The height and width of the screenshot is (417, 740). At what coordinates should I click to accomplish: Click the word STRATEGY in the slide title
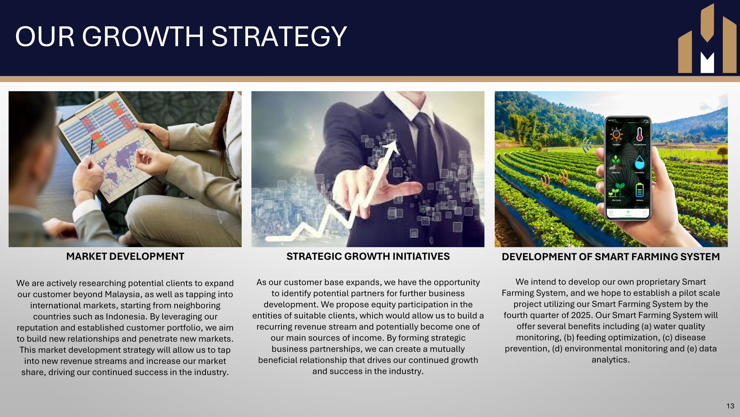pos(279,36)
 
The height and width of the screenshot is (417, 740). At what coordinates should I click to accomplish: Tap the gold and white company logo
pos(707,38)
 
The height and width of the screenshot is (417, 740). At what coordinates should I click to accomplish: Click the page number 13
pos(730,406)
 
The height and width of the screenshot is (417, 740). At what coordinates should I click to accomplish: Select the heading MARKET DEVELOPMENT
pos(125,256)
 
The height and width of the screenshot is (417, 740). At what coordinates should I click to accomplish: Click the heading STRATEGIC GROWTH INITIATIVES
pos(368,256)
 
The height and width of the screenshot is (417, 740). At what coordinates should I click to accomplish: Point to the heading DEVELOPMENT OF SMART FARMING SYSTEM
pos(611,257)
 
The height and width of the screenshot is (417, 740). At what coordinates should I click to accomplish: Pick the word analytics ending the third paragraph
pos(610,360)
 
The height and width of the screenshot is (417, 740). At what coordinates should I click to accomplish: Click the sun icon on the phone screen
pos(616,135)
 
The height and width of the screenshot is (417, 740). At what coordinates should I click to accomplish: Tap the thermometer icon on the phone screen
pos(640,134)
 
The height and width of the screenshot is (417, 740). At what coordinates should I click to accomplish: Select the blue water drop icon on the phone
pos(640,162)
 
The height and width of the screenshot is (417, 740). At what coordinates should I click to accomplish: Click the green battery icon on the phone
pos(640,190)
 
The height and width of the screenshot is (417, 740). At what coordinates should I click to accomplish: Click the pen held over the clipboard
pos(91,147)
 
